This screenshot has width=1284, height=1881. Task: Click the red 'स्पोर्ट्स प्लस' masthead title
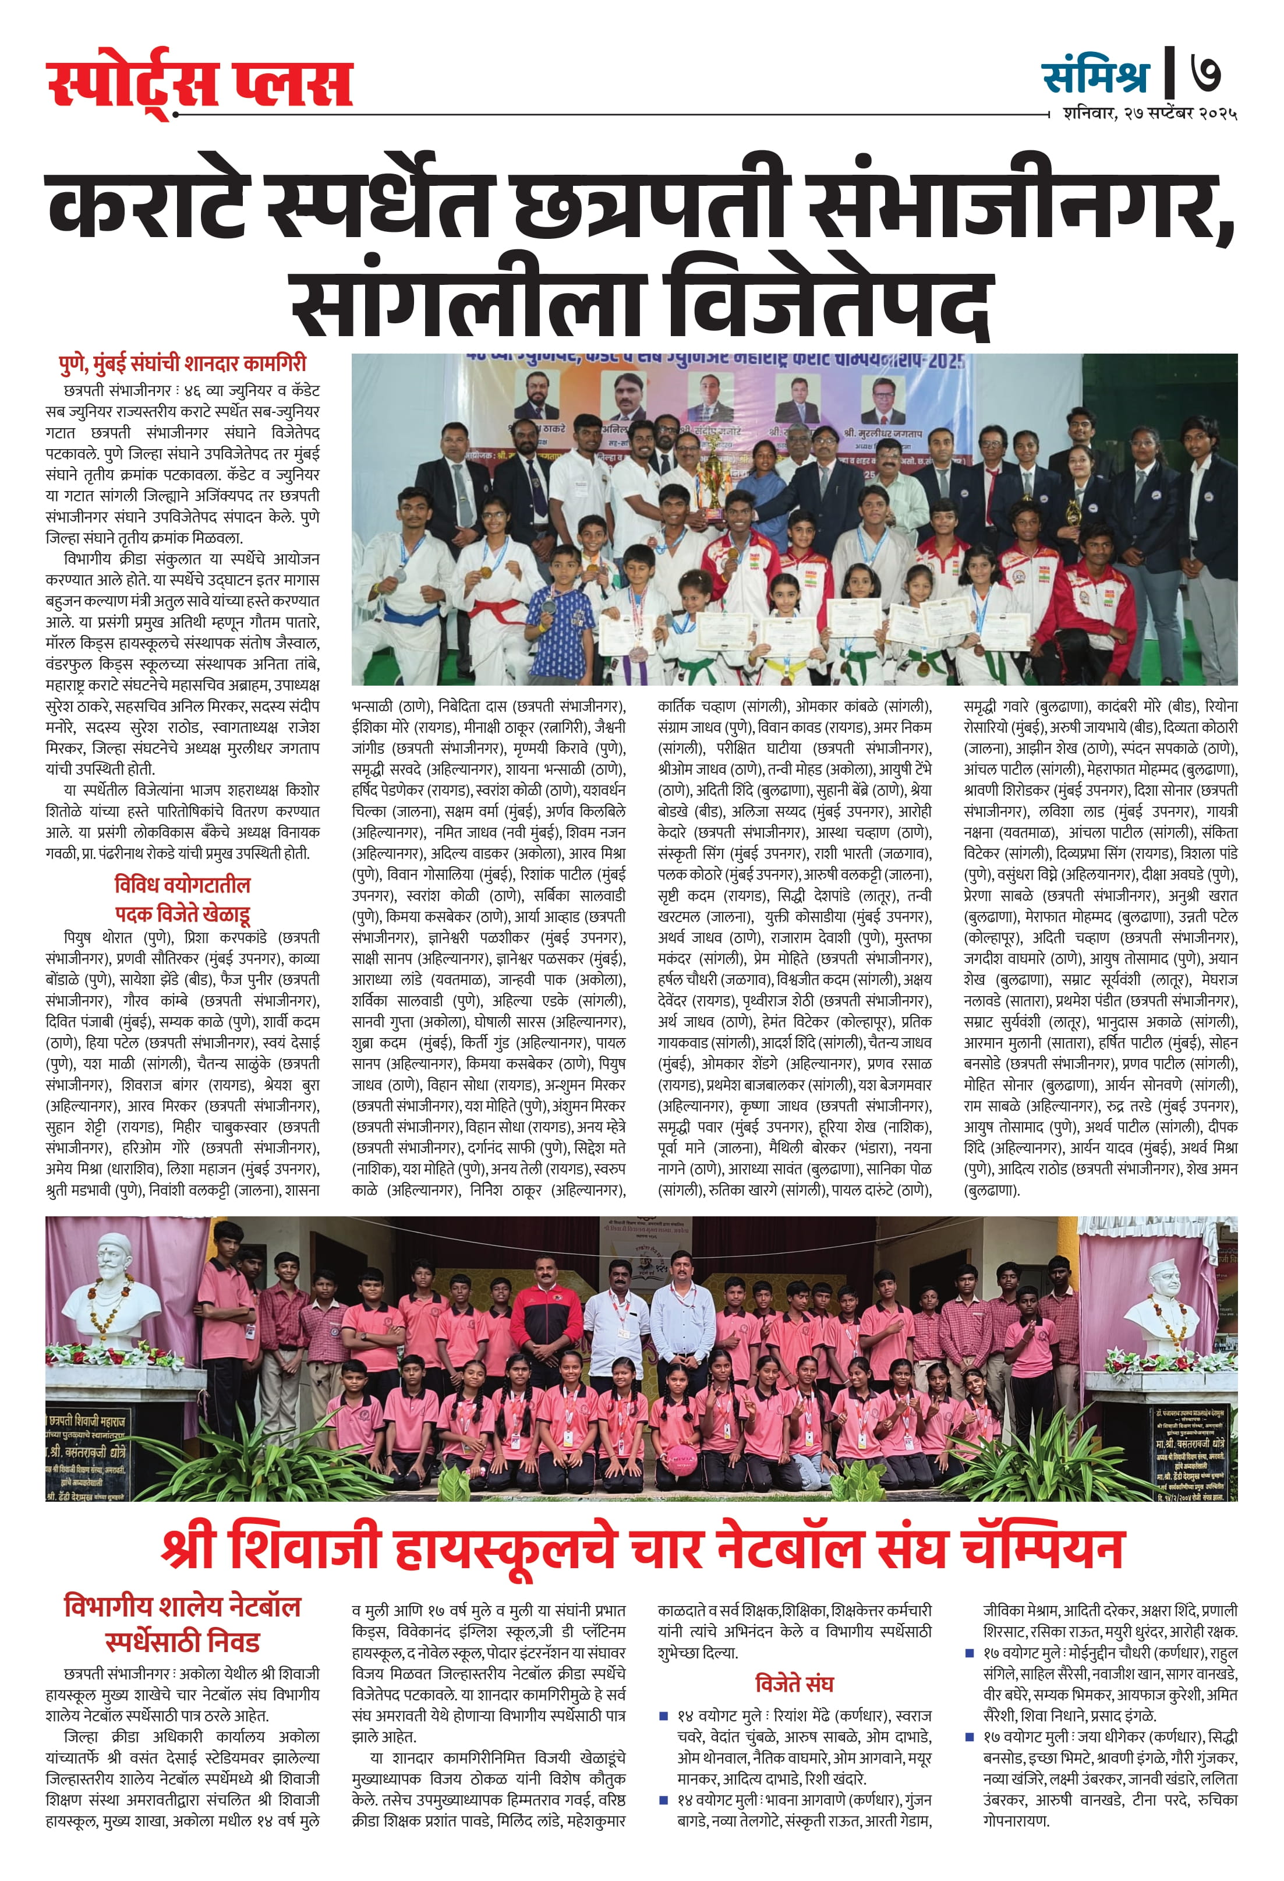point(199,85)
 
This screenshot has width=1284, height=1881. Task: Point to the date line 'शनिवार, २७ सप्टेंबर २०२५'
point(1149,114)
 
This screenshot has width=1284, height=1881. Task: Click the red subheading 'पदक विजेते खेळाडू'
point(182,915)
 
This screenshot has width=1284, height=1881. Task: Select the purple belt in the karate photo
point(639,672)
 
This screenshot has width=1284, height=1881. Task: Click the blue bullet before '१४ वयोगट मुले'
point(663,1715)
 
